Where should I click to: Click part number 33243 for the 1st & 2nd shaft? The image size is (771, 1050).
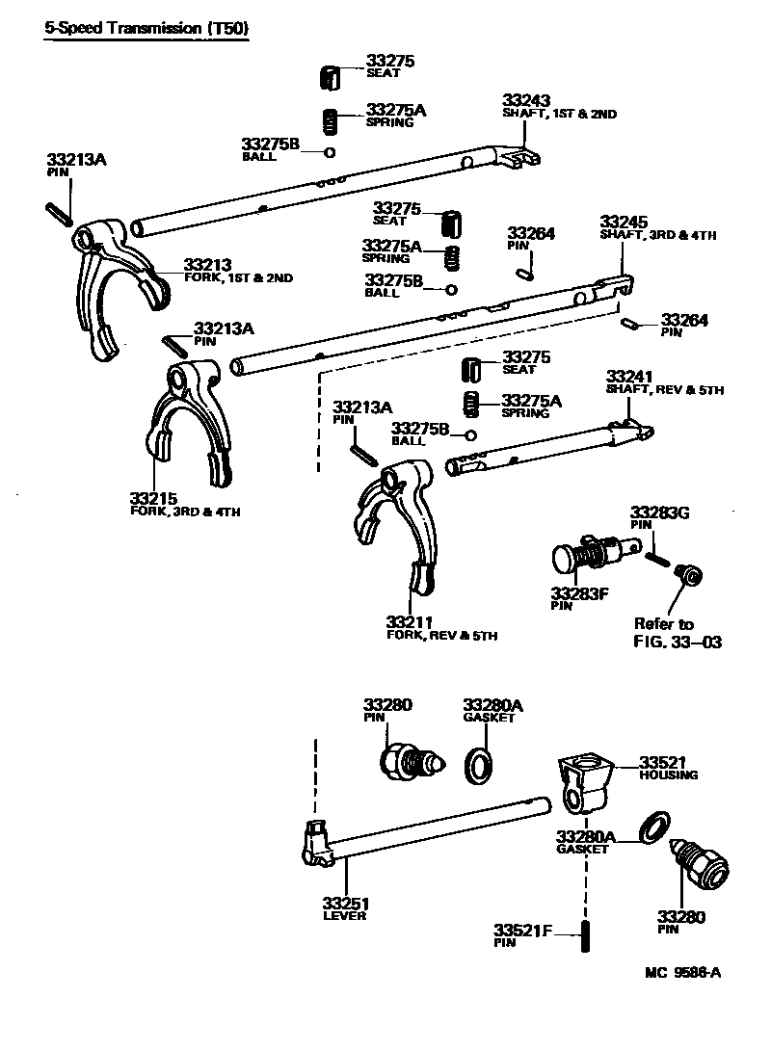click(x=526, y=100)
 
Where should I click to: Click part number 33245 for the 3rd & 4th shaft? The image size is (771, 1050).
click(x=624, y=221)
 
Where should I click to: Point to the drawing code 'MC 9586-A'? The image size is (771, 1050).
click(x=681, y=973)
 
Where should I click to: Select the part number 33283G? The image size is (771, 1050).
click(x=660, y=512)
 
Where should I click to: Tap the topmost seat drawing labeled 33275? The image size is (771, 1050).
click(x=329, y=76)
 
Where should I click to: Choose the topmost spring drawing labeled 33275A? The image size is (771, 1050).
click(x=330, y=122)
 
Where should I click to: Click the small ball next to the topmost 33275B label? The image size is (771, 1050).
click(x=330, y=152)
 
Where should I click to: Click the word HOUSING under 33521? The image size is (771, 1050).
click(x=667, y=774)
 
